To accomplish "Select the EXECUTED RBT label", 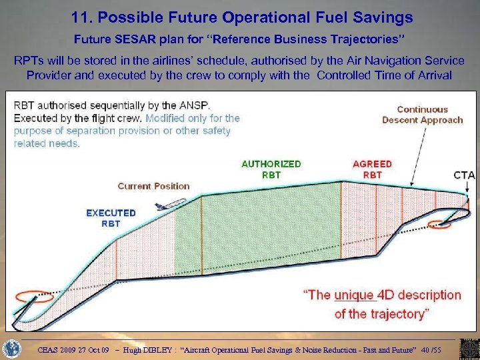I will click(x=111, y=218).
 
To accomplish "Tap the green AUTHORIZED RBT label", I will click(x=271, y=169).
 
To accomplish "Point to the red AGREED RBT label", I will click(x=372, y=169).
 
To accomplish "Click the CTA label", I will click(x=464, y=175).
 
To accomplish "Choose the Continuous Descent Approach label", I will click(x=422, y=115).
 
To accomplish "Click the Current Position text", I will click(x=154, y=186).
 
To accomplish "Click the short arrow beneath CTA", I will click(x=466, y=190).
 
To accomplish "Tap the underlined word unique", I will click(x=353, y=295).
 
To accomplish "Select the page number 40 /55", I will click(x=437, y=349).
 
